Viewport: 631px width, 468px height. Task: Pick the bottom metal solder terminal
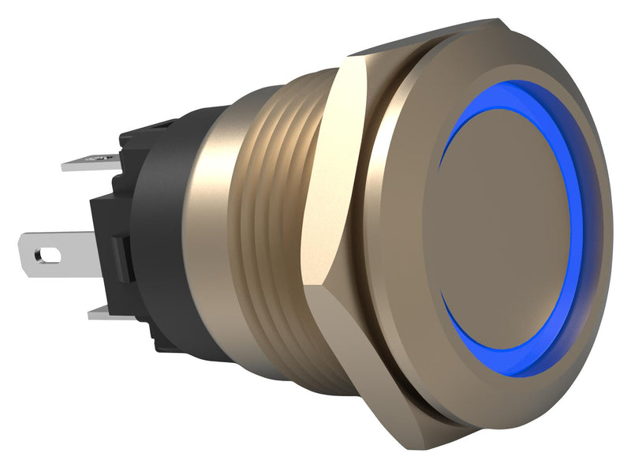click(106, 313)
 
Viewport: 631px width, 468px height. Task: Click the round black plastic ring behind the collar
click(158, 237)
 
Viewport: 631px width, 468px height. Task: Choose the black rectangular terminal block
click(110, 237)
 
